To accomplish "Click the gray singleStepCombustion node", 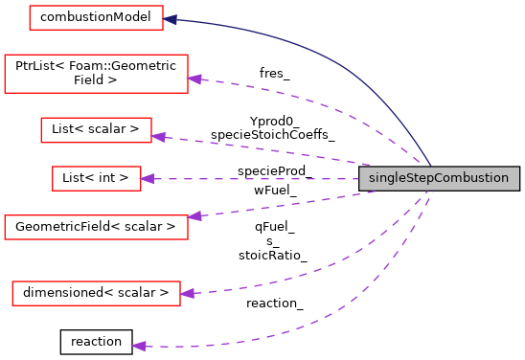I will point(439,178).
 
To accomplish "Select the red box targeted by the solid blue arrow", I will point(96,17).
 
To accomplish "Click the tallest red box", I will point(96,74).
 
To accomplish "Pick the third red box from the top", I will point(96,130).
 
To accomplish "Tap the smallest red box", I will point(96,178).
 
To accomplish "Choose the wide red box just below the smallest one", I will point(96,227).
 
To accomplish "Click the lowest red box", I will point(96,293).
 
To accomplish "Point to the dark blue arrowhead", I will point(171,19).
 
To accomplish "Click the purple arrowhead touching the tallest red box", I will point(194,79).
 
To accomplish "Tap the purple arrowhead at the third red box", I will point(158,138).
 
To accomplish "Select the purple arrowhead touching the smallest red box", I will point(148,178).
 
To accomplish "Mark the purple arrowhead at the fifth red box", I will point(194,216).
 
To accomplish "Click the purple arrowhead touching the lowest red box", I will point(187,293).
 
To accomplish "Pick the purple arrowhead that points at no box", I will point(139,346).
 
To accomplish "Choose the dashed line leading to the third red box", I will point(268,150).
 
